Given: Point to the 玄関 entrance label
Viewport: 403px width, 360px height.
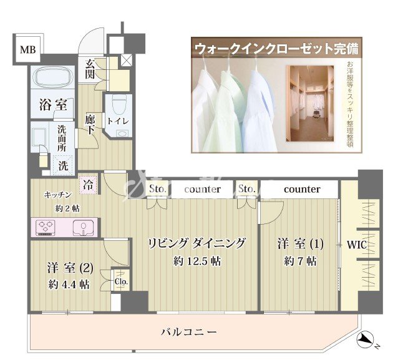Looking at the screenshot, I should (x=90, y=71).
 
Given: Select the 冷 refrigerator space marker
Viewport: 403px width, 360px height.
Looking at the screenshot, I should (x=88, y=185).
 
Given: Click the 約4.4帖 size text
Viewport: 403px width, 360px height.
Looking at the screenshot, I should (x=68, y=285).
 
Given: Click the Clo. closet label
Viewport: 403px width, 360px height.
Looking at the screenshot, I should (x=120, y=281).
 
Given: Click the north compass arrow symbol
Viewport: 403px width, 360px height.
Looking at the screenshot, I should (x=366, y=341).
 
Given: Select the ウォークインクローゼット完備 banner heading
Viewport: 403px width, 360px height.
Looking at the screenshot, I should (x=278, y=48).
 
